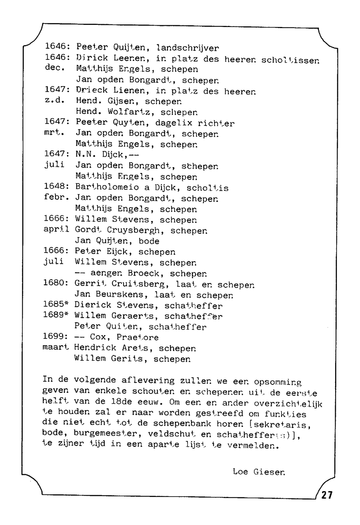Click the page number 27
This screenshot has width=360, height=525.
point(327,495)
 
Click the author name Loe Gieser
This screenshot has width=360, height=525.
point(259,472)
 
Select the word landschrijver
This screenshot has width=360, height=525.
point(188,48)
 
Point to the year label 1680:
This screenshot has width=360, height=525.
point(56,283)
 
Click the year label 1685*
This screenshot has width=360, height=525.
point(56,304)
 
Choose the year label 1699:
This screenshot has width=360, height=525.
point(55,337)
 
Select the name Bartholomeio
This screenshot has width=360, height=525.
point(107,187)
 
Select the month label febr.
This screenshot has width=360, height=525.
point(56,198)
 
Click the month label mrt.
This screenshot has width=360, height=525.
point(54,133)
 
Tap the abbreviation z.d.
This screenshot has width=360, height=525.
point(54,101)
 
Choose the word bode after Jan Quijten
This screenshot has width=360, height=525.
point(149,241)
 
